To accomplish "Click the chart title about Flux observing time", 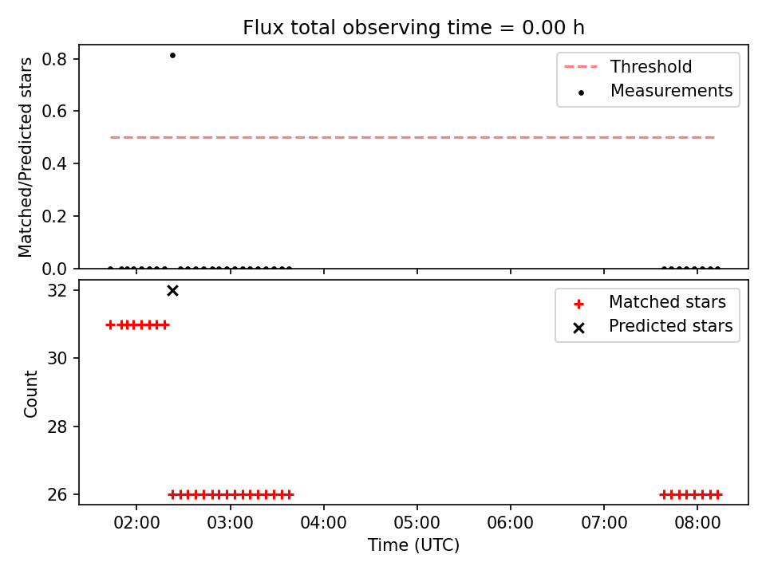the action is [x=413, y=27].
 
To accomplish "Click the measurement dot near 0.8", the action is [x=172, y=56].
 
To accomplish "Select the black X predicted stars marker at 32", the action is [x=172, y=291].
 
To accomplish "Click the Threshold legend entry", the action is [x=628, y=66].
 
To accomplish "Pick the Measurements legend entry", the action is [x=656, y=91].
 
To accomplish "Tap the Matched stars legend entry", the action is [x=650, y=302].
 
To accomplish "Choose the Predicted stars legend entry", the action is [x=653, y=326].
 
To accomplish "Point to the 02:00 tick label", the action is [x=136, y=523].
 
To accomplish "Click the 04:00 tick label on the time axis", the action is [x=323, y=523].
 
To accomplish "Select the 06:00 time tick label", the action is [x=511, y=523].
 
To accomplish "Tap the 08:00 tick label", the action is [x=697, y=523].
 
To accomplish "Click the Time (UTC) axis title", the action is [x=414, y=545].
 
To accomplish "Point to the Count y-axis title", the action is [x=30, y=393].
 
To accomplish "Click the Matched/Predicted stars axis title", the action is [x=25, y=157].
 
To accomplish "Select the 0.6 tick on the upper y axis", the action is [x=53, y=112].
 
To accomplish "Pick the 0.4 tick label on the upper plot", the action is [x=53, y=163].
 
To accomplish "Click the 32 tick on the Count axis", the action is [x=57, y=291].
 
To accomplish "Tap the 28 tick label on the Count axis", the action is [x=57, y=427].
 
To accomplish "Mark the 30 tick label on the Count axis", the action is [x=57, y=359].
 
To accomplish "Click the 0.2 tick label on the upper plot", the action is [x=53, y=216].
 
